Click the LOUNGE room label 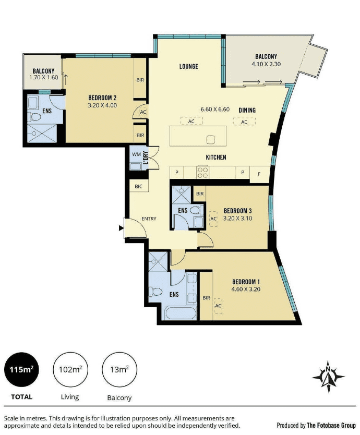189,66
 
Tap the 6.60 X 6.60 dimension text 215,110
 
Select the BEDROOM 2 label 102,98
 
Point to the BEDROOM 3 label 237,211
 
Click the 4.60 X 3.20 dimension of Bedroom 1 246,289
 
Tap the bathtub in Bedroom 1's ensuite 181,313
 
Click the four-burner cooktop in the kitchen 202,172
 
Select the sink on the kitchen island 211,140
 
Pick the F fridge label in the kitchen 259,174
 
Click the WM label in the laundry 136,154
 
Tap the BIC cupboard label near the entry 138,186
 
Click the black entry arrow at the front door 121,228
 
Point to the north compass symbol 328,377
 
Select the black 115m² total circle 21,369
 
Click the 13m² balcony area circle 119,369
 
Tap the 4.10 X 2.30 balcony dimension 266,64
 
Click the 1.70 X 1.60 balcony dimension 44,77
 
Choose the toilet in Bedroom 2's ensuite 34,117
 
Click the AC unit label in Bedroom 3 213,219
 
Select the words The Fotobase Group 331,425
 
